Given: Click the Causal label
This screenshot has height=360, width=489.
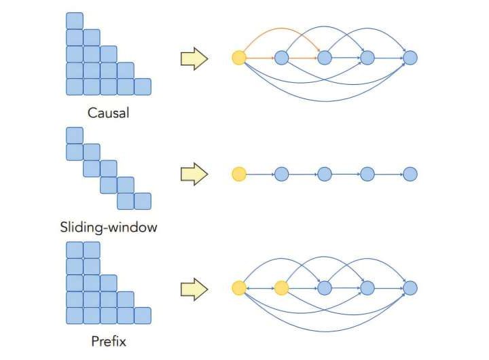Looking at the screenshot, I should pos(108,113).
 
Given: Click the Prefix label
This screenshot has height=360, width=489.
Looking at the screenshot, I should pos(108,341).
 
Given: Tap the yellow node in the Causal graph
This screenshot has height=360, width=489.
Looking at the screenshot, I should pos(238,58).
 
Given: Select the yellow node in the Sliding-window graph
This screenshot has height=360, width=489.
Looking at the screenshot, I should pos(238,175).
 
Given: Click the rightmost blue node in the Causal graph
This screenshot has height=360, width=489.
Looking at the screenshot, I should pos(410,58).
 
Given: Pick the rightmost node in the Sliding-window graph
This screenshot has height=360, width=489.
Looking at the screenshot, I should pos(410,175).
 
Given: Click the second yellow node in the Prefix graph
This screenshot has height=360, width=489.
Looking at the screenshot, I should pos(281,289).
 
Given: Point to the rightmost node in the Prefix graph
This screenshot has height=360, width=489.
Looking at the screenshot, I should pos(410,289).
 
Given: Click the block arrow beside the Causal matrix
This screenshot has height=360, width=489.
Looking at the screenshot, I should pos(194,59).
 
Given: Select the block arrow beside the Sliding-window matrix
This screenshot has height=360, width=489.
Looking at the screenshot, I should pos(194,175).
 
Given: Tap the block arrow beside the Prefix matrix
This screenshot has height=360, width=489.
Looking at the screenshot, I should pos(194,289).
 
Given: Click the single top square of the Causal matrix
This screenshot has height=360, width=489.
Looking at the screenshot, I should pos(75,20).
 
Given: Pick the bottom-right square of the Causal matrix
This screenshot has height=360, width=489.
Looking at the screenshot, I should pos(143,87).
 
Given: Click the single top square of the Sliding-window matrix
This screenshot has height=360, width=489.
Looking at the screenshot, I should pos(75,135).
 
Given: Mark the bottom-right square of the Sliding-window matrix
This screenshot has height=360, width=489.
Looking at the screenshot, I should pos(143,201).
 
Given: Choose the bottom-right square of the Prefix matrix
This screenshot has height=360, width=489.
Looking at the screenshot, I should pos(143,316).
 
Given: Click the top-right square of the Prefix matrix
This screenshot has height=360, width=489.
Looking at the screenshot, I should pos(92,250).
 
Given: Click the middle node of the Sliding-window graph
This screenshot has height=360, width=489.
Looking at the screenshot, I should pos(324,175).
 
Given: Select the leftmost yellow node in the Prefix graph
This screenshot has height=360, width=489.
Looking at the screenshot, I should pos(238,289).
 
